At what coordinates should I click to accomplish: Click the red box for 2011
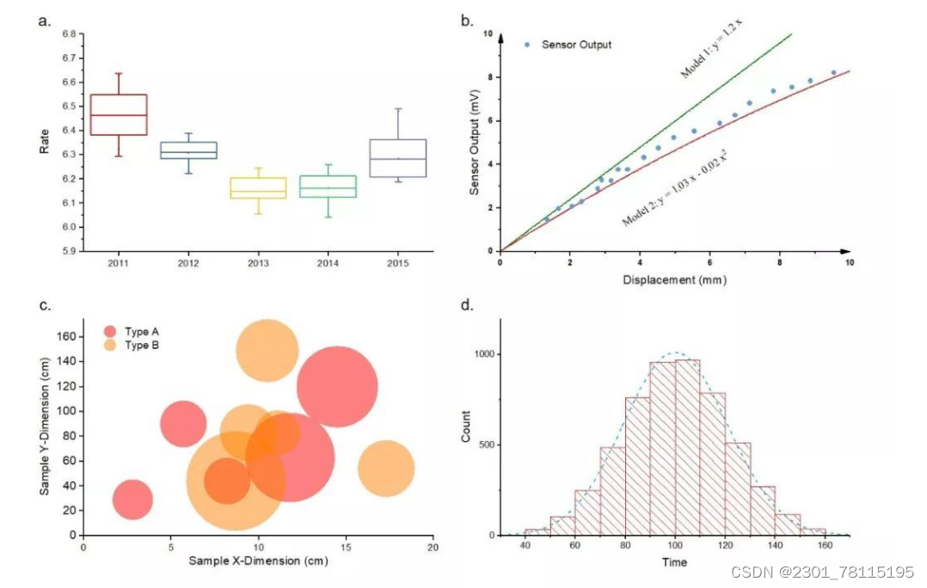(x=119, y=114)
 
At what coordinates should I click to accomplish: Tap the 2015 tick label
(x=397, y=262)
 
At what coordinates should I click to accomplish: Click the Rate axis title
(x=45, y=141)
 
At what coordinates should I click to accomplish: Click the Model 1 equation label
(x=710, y=47)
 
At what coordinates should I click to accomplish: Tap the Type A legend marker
(x=110, y=332)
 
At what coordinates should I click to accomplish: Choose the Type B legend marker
(x=110, y=346)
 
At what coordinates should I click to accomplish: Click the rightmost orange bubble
(x=386, y=469)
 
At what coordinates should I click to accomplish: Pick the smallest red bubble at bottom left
(x=132, y=499)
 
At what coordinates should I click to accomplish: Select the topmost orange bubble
(x=267, y=351)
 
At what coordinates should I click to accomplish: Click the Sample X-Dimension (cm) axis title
(x=257, y=561)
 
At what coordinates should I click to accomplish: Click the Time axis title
(x=674, y=562)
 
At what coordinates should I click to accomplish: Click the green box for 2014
(x=328, y=187)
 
